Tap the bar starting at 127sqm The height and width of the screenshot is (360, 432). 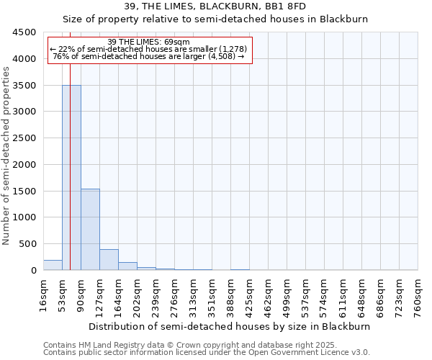(109, 259)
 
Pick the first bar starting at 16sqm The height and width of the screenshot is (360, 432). (53, 265)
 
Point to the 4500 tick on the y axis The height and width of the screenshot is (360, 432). (24, 32)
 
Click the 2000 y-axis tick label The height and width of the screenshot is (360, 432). (24, 165)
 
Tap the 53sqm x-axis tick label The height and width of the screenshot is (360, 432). (62, 294)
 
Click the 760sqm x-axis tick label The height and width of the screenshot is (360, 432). (418, 294)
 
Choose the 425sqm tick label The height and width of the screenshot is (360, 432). (249, 294)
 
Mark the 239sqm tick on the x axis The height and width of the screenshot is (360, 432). (156, 294)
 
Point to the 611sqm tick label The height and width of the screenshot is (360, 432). (343, 294)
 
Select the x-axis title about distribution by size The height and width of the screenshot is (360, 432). (230, 326)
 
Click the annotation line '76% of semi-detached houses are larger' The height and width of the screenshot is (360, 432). (150, 56)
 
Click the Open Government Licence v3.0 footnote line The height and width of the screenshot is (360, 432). (207, 353)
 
